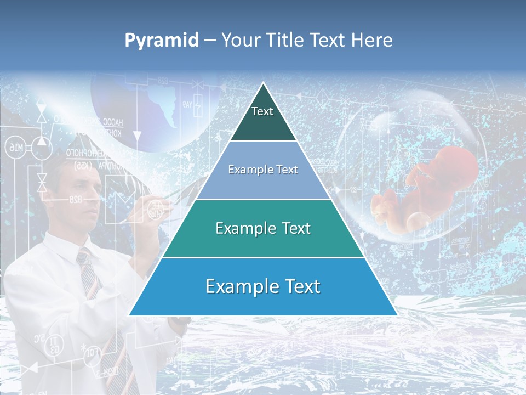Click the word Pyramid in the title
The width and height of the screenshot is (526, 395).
coord(162,41)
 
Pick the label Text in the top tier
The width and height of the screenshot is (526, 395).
coord(262,111)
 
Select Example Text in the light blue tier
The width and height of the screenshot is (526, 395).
coord(263,170)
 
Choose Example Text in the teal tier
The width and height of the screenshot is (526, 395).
coord(263,228)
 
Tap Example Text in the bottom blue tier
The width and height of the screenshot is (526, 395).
coord(263,286)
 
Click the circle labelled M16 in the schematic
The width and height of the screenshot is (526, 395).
coord(16,147)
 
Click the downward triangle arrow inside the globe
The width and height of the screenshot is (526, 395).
coord(138,134)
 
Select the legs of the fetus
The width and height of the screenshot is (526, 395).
coord(389,206)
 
